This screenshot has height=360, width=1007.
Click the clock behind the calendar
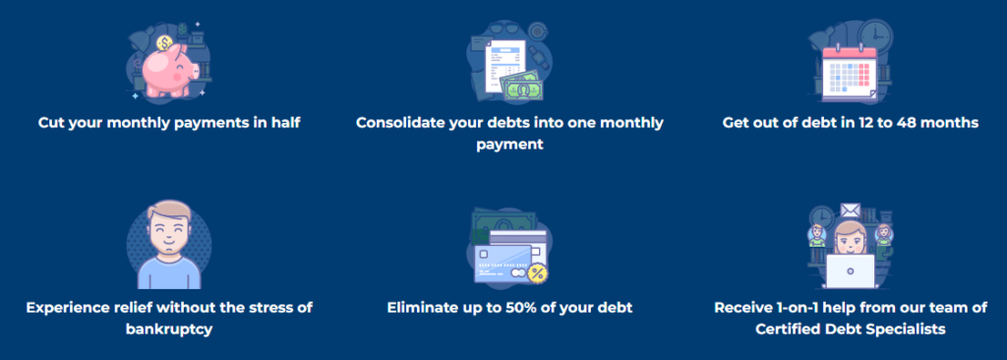click(872, 37)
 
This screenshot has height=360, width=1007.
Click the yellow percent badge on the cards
click(537, 271)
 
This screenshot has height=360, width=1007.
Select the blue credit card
click(503, 261)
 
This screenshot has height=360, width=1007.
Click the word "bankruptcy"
click(169, 329)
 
